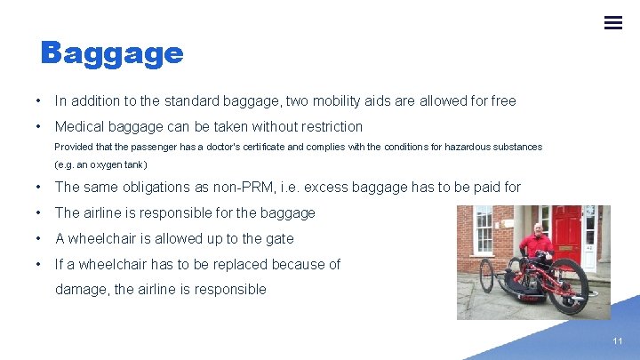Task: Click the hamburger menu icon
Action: [612, 22]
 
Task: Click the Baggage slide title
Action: [112, 54]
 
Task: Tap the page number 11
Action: [617, 341]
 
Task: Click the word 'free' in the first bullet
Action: [502, 101]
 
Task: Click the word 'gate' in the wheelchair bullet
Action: [279, 239]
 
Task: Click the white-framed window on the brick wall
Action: [484, 228]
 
